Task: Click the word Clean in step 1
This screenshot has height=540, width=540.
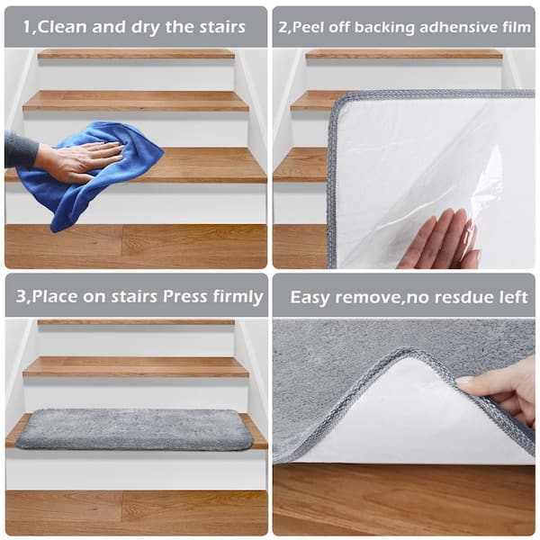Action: [61, 27]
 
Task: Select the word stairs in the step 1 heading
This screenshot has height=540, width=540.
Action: [222, 27]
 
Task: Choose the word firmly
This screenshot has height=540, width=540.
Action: [238, 297]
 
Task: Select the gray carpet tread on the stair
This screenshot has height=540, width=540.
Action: [133, 429]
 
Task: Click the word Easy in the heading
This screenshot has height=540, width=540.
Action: [310, 297]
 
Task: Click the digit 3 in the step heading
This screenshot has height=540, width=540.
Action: [21, 296]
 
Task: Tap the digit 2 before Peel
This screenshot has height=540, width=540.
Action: [283, 28]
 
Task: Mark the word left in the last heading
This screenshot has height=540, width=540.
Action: [515, 297]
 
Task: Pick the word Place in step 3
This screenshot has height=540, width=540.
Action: [54, 296]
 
